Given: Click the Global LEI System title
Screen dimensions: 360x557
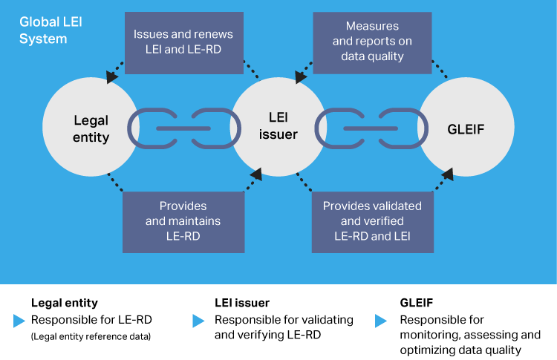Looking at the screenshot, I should pos(51,30).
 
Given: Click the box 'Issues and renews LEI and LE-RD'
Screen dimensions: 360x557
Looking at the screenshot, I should pos(183,42).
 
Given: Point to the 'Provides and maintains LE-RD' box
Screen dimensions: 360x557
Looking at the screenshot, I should pos(183,221).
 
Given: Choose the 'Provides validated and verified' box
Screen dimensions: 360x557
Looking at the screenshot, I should pos(372,221).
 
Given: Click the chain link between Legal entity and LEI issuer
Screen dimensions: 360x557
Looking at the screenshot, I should pos(183,128).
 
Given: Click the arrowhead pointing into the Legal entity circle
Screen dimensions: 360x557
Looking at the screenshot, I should pos(111,76).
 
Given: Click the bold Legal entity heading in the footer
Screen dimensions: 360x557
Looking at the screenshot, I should pos(64,303).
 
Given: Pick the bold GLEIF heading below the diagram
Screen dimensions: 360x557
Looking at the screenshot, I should pos(417,303).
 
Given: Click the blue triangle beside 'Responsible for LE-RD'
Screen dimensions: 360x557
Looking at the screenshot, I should pos(19,321).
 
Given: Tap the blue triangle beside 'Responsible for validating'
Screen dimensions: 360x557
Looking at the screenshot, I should pos(198,321).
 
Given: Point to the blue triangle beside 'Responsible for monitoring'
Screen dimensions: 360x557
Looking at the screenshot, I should pos(381,321).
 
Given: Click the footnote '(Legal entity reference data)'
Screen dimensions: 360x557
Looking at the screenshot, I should pos(91,337).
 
